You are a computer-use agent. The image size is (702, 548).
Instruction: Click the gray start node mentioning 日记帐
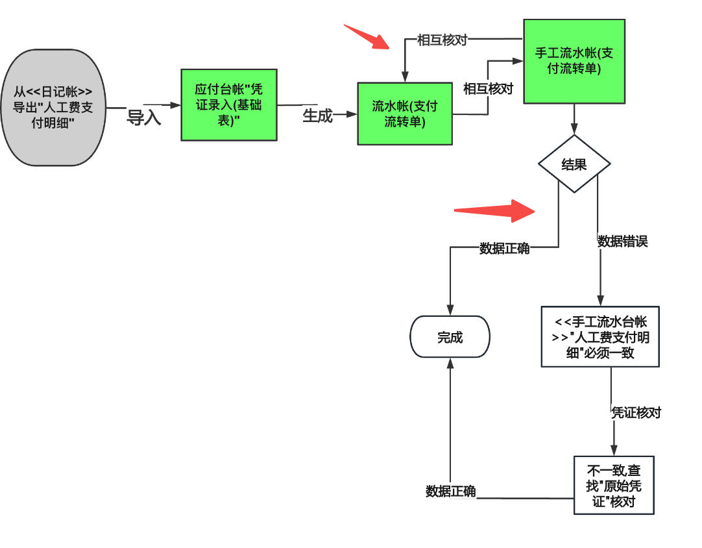pos(53,107)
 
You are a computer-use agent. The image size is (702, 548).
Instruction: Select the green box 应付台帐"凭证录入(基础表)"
pos(228,105)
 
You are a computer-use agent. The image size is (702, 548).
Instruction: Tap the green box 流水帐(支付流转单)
pos(404,114)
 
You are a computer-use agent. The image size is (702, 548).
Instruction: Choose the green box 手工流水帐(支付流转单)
pos(574,61)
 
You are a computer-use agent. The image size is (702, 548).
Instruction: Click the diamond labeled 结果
pos(574,164)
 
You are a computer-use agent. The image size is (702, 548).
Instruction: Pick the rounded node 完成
pos(450,337)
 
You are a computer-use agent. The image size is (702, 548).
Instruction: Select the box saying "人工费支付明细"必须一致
pos(599,337)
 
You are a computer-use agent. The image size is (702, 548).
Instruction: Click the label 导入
pos(143,118)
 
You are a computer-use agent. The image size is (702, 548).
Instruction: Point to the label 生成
pos(317,116)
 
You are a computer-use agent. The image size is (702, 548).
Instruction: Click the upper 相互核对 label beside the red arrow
pos(442,40)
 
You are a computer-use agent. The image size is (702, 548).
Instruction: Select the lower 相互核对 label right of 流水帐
pos(488,89)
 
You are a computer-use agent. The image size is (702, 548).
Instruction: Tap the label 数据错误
pos(622,242)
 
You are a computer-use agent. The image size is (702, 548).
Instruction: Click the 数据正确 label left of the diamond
pos(504,248)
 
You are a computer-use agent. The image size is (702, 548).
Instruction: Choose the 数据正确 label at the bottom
pos(450,492)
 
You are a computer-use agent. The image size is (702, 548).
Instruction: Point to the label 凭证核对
pos(636,412)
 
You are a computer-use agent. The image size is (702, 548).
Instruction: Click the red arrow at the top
pos(367,36)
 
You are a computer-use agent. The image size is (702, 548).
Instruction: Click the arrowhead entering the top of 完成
pos(450,310)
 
